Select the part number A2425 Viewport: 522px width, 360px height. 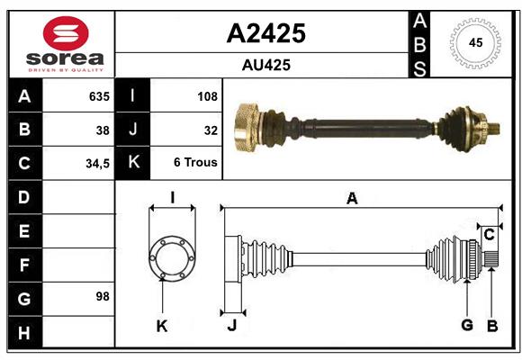click(265, 33)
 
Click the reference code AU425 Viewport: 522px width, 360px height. click(265, 65)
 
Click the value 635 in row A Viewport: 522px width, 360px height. click(98, 96)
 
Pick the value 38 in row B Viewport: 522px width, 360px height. click(103, 130)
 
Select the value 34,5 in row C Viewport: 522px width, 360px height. click(97, 164)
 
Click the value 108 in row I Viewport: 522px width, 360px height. click(207, 96)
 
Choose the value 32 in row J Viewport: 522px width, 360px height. click(211, 130)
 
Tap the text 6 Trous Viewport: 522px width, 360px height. click(195, 163)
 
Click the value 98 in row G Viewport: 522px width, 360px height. click(103, 296)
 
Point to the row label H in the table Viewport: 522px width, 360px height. click(23, 333)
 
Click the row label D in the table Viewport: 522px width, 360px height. click(23, 196)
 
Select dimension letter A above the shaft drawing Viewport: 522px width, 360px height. click(352, 199)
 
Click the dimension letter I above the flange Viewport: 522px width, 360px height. click(172, 198)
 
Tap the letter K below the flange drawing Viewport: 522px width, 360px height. click(162, 326)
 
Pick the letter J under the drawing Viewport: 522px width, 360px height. click(231, 326)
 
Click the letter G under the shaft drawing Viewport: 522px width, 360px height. click(466, 325)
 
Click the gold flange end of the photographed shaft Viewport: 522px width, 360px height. click(246, 127)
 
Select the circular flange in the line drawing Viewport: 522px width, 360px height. click(172, 258)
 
